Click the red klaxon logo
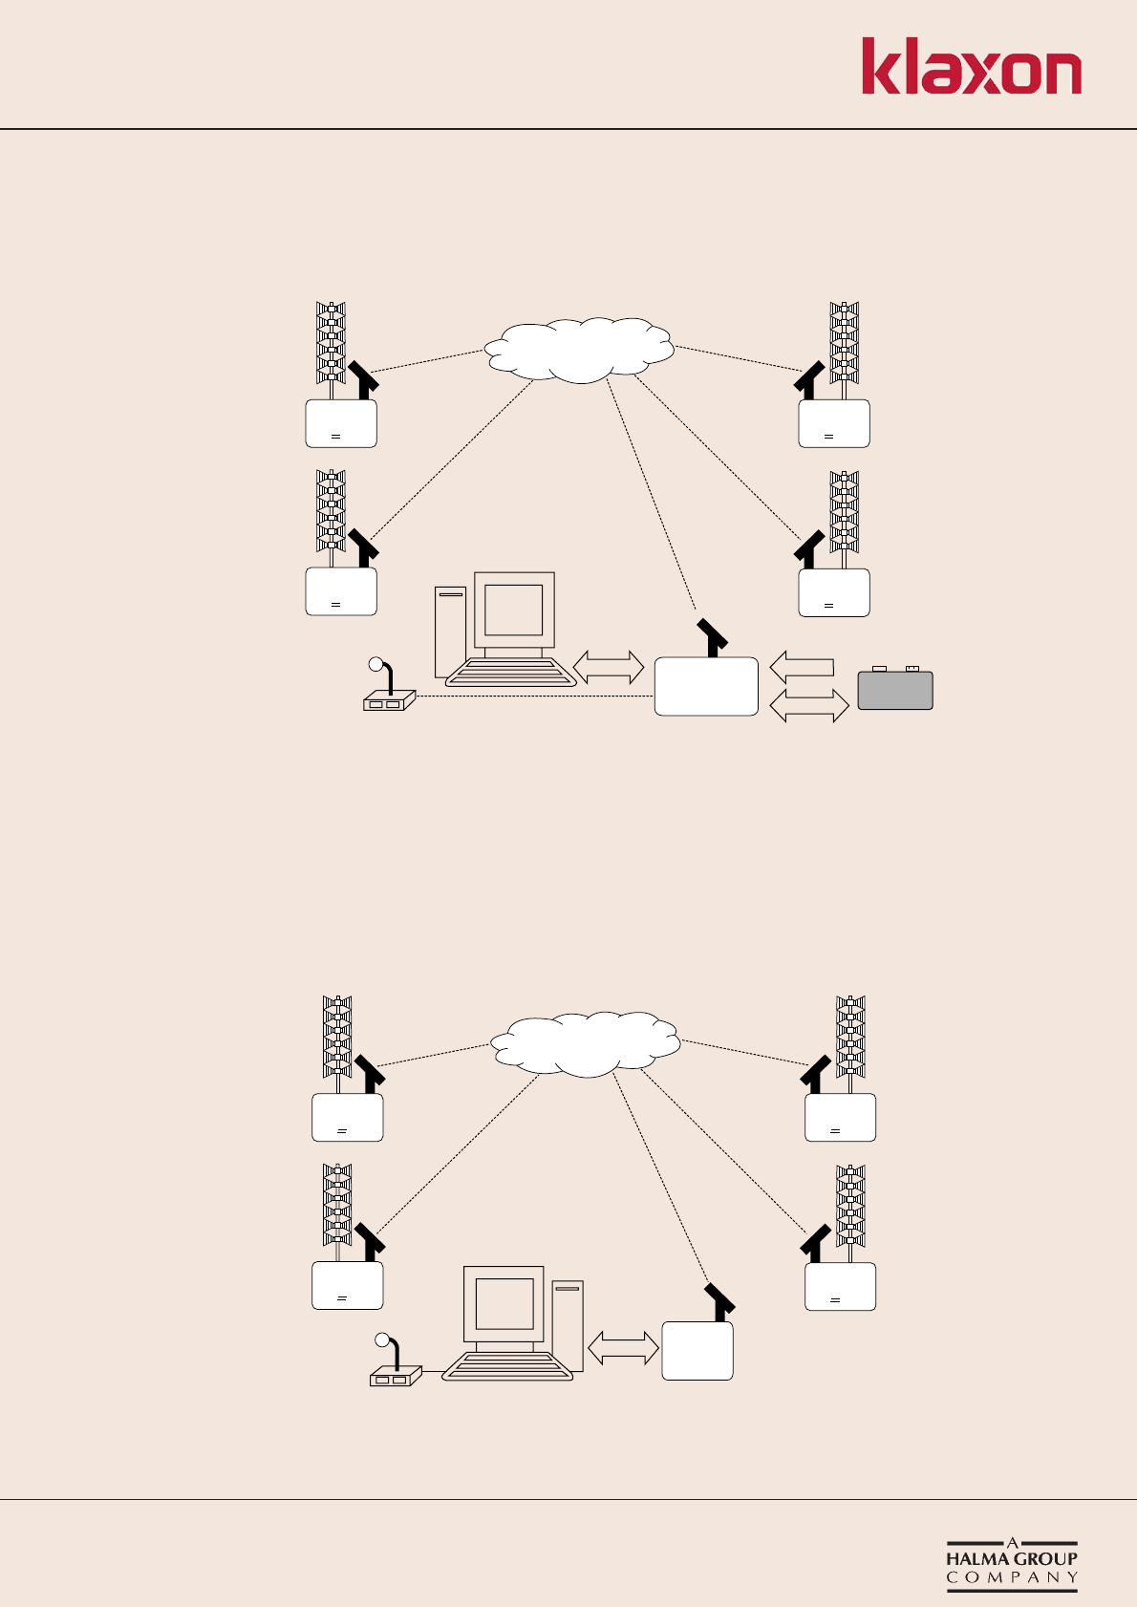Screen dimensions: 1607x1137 [x=971, y=67]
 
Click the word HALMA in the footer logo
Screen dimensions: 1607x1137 [x=977, y=1557]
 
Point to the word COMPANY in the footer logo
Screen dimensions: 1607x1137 [x=1012, y=1577]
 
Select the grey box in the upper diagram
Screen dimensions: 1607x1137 [x=895, y=690]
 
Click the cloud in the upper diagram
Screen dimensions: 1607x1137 [x=579, y=349]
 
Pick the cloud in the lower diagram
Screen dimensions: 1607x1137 [x=585, y=1043]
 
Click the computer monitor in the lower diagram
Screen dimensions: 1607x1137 [x=504, y=1303]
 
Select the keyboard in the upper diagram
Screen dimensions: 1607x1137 [x=510, y=673]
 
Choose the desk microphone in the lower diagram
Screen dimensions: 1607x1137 [x=393, y=1363]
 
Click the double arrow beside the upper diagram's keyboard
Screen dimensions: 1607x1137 [x=609, y=667]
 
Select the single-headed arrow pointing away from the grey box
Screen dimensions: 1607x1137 [x=802, y=666]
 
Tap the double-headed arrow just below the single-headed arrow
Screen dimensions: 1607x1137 [x=809, y=705]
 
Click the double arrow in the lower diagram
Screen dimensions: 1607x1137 [x=623, y=1348]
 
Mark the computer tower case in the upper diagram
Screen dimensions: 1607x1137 [x=450, y=631]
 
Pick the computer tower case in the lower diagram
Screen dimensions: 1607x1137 [x=567, y=1323]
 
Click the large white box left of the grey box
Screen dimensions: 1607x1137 [x=706, y=686]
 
